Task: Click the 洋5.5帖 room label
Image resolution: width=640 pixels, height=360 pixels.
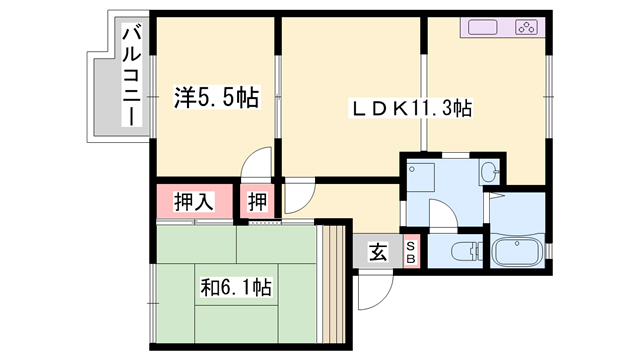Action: [215, 98]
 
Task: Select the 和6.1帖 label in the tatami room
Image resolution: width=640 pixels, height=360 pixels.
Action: [236, 288]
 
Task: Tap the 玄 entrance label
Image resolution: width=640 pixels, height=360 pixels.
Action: [380, 251]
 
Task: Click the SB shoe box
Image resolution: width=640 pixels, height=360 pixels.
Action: [410, 251]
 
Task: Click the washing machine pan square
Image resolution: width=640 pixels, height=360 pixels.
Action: [419, 173]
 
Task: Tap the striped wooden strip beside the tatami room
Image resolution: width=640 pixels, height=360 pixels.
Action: [330, 281]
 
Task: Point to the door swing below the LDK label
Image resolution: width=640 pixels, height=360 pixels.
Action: [297, 196]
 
